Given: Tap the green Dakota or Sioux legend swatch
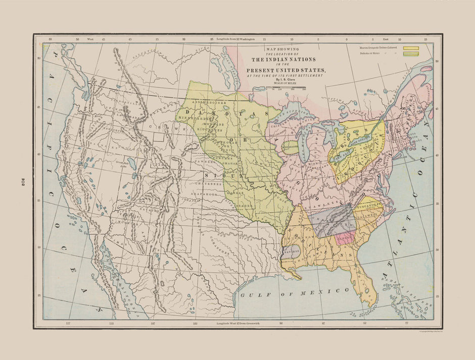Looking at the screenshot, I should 411,54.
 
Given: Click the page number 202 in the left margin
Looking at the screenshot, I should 23,182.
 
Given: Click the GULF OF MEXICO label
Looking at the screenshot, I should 294,291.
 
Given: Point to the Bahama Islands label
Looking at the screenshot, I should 404,283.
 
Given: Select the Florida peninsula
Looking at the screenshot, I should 367,285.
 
